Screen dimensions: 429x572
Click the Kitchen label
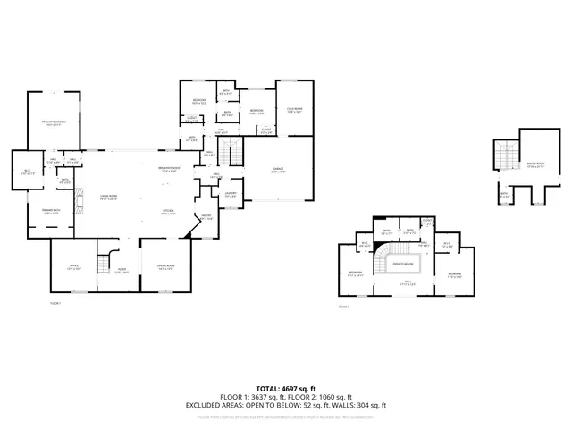click(167, 211)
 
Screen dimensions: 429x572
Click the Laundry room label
click(230, 194)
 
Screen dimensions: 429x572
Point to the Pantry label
click(205, 217)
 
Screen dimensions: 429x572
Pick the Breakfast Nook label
click(170, 169)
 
